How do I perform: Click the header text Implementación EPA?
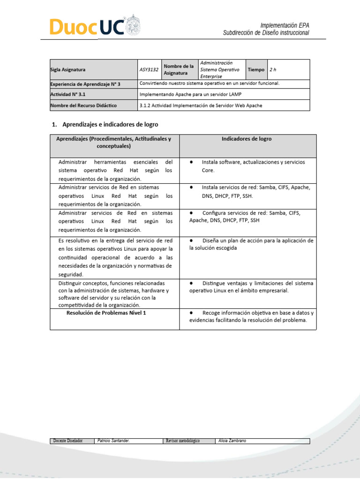[x=285, y=25]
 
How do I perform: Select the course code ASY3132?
[x=149, y=70]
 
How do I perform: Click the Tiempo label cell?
[x=256, y=70]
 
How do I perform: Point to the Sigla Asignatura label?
[x=68, y=70]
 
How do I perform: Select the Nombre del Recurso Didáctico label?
[x=83, y=105]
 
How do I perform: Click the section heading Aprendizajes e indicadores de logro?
[x=108, y=125]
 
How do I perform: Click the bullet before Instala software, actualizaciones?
[x=192, y=162]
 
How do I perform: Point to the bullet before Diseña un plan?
[x=192, y=240]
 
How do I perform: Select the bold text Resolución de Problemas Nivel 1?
[x=106, y=313]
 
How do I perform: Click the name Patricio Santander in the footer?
[x=113, y=441]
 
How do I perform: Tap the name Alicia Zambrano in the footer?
[x=232, y=441]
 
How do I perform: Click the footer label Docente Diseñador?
[x=68, y=441]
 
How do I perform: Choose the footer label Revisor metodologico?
[x=183, y=441]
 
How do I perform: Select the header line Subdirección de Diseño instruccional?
[x=266, y=33]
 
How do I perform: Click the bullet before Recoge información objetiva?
[x=192, y=313]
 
